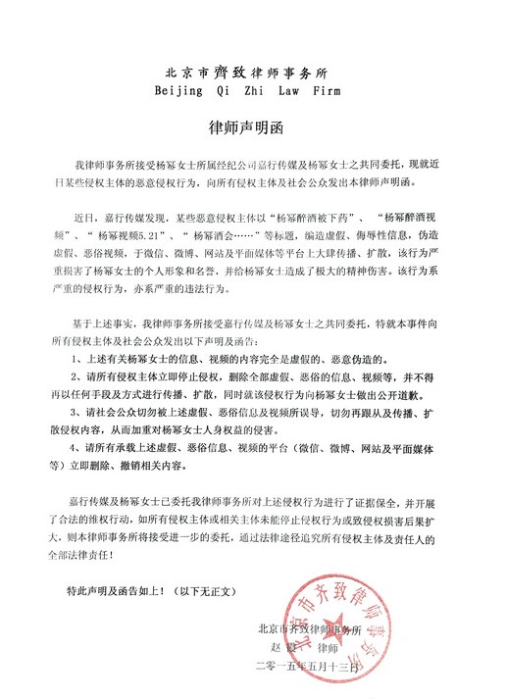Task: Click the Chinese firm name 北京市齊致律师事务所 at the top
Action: (251, 71)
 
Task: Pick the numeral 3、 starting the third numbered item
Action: (77, 420)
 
